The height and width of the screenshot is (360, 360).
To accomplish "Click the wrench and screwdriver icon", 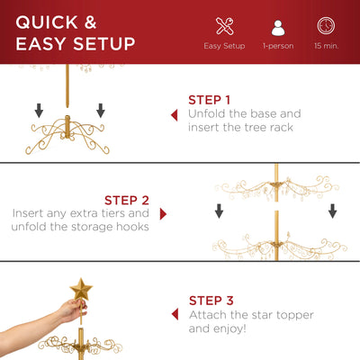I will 224,26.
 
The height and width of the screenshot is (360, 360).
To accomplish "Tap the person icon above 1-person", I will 276,26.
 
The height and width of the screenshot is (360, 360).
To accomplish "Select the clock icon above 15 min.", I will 327,26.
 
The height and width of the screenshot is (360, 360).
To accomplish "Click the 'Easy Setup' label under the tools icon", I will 224,45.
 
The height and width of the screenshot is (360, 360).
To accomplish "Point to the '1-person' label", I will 276,45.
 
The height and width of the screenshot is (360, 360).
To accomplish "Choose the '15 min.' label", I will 327,45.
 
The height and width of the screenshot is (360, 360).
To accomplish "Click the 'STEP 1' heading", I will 210,100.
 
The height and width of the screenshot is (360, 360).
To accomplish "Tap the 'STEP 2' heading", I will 128,200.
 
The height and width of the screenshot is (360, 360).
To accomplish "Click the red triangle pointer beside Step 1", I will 174,115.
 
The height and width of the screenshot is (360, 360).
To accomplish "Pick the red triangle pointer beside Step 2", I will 163,214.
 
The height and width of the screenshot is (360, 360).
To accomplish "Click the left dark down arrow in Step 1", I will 40,111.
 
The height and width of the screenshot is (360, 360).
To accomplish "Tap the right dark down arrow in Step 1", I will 99,111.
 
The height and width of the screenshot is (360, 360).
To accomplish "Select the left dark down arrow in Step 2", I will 220,211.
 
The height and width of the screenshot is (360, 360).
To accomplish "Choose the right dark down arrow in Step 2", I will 332,211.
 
